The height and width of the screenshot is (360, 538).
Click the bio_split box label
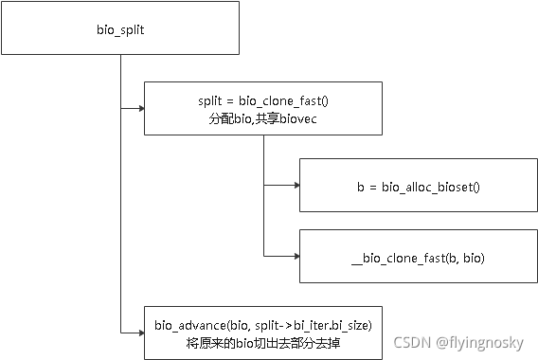coord(120,29)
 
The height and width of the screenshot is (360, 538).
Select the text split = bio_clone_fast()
coord(262,100)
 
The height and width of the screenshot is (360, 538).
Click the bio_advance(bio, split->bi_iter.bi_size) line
coord(264,325)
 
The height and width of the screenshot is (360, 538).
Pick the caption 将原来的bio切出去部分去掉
coord(264,342)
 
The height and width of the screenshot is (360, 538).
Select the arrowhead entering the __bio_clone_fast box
coord(295,256)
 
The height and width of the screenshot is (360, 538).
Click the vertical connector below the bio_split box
coord(120,189)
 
